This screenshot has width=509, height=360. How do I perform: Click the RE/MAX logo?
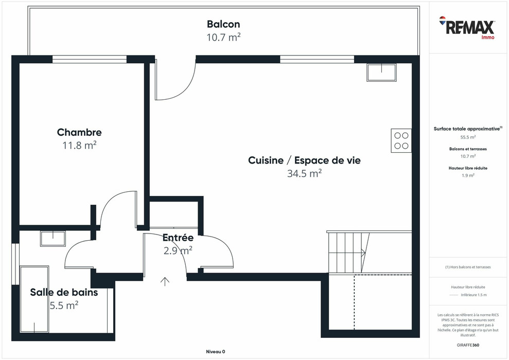pos(467,28)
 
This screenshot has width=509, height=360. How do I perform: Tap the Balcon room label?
pos(223,24)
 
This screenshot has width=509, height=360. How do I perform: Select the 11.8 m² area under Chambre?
pos(80,145)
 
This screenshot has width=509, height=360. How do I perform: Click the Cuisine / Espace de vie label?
pos(304,160)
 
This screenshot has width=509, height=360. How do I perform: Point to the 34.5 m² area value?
pos(304,173)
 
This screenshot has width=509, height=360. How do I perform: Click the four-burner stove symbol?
pos(401,141)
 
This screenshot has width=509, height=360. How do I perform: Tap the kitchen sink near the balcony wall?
pos(381,73)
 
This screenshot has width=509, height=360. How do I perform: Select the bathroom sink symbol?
pos(53,239)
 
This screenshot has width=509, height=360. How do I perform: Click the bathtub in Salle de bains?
pos(34,299)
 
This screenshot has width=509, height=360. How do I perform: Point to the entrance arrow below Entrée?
pos(165,281)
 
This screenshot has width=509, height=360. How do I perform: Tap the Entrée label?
pos(178,238)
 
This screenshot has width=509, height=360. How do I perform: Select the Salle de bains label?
pos(64,292)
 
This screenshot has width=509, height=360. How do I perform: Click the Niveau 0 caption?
pos(216,352)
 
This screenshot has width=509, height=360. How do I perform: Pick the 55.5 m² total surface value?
pos(468,137)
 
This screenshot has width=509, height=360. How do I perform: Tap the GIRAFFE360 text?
pos(468,345)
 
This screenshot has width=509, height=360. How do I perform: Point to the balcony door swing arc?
pos(186,89)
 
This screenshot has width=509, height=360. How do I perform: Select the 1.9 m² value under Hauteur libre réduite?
pos(468,175)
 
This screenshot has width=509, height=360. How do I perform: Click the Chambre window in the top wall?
pos(90,59)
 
